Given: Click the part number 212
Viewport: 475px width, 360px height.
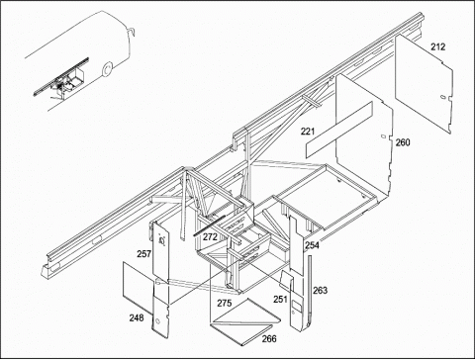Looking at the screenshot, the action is (x=437, y=46).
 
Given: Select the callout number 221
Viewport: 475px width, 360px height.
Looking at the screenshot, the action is (x=308, y=132).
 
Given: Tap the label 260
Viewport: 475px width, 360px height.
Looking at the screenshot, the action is (x=403, y=142).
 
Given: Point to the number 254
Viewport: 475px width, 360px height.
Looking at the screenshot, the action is (x=312, y=245).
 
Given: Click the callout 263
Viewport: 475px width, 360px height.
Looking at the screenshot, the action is (x=320, y=291).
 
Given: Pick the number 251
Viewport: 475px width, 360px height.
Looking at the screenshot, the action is (x=280, y=300).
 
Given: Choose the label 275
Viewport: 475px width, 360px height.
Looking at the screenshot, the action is (x=225, y=303).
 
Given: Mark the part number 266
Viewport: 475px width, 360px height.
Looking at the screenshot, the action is (x=269, y=338).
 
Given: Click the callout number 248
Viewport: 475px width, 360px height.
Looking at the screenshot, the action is (x=137, y=318).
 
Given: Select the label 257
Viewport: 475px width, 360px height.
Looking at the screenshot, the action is (x=144, y=254).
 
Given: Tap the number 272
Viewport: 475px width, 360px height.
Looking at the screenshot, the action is (x=210, y=237).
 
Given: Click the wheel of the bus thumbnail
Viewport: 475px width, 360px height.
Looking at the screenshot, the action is (x=107, y=69).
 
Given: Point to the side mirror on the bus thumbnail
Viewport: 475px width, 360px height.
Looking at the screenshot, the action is (x=133, y=32).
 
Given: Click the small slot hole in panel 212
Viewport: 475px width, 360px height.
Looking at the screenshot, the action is (x=443, y=97).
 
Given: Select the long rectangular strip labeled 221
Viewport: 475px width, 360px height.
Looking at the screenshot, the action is (x=339, y=130).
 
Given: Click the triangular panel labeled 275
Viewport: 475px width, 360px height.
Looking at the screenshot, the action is (x=246, y=312).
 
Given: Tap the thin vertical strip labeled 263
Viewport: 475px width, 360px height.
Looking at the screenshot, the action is (x=310, y=291).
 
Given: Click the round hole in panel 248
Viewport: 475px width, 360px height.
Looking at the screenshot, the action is (x=157, y=321).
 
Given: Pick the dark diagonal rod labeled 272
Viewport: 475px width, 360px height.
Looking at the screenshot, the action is (x=209, y=225).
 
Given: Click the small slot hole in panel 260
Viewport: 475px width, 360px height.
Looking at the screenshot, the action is (x=383, y=136).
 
